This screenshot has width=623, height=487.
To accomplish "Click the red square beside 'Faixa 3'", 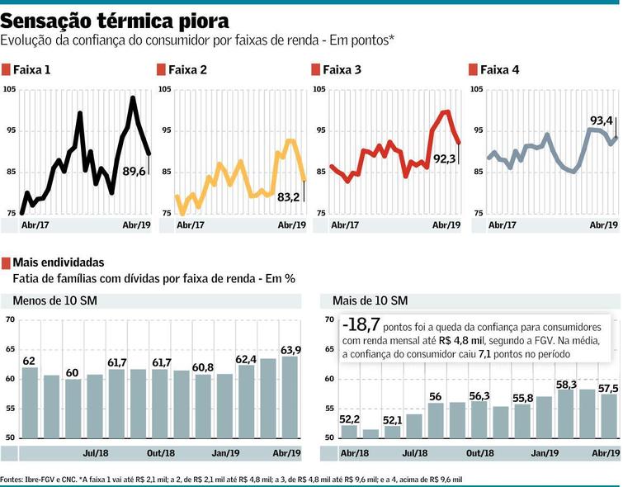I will pos(316,69).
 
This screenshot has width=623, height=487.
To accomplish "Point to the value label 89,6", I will pos(135,171).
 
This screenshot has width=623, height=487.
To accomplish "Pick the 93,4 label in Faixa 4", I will pos(601,121).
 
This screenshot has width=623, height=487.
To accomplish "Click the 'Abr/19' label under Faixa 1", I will pos(136,225).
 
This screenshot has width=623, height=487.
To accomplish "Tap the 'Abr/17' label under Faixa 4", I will pos(501,225).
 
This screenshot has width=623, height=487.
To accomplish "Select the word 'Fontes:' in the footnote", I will pos(12,480).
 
